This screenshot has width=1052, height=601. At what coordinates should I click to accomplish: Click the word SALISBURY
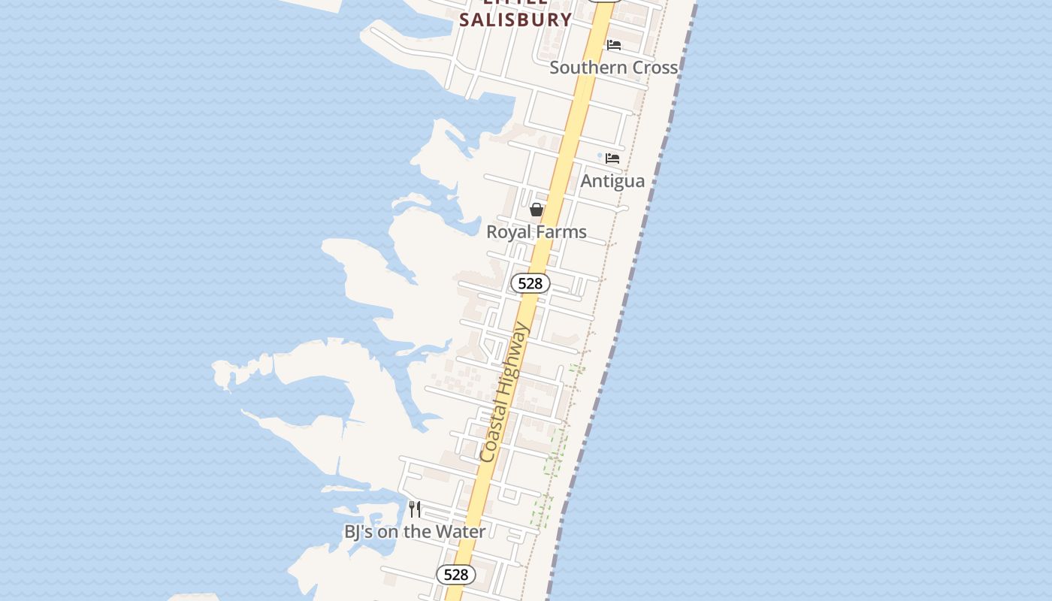tap(515, 20)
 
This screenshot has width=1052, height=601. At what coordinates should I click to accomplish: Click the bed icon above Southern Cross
tap(614, 45)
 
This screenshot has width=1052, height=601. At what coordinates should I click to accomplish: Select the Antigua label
tap(612, 181)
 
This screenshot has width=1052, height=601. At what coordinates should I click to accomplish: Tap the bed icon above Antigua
tap(612, 159)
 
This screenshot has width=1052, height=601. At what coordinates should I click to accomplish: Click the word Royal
tap(509, 232)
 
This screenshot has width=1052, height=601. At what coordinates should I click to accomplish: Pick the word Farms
tap(561, 232)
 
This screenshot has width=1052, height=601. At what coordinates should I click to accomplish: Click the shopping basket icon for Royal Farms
tap(537, 210)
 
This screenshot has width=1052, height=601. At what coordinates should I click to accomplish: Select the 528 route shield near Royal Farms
tap(531, 283)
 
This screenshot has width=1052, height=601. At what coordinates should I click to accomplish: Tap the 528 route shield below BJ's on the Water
tap(456, 575)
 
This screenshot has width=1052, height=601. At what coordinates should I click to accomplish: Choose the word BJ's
tap(357, 532)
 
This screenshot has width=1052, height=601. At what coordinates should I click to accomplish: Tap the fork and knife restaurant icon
tap(415, 509)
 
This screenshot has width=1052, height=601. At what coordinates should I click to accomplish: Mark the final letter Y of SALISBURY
tap(565, 20)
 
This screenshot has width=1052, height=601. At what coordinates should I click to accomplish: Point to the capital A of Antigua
tap(588, 181)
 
